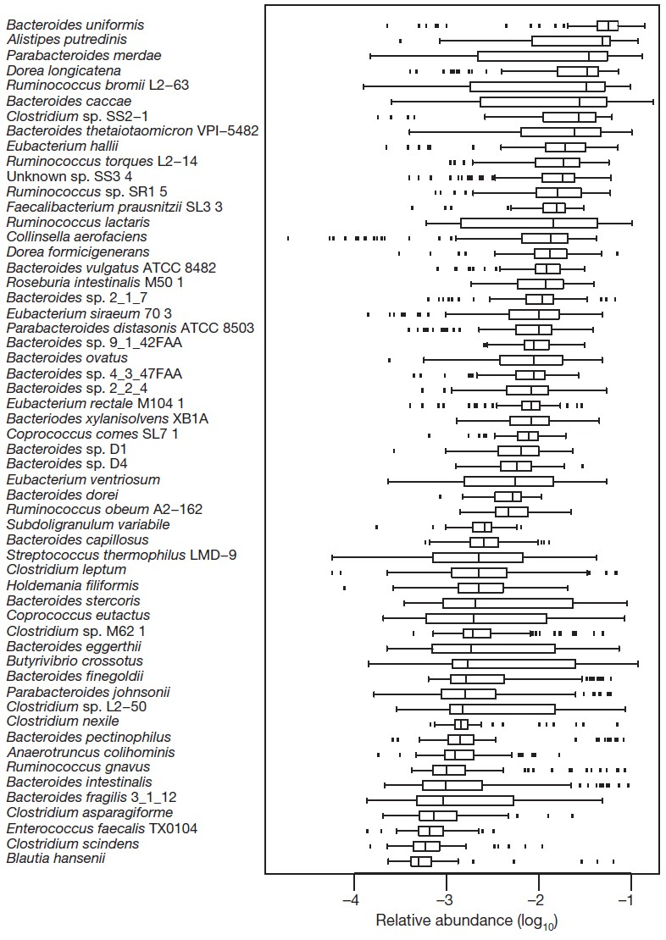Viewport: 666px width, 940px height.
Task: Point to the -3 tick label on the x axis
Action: tap(446, 899)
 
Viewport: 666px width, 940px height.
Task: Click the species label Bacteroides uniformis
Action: tap(75, 25)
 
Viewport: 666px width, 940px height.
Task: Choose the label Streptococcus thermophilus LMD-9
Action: tap(122, 556)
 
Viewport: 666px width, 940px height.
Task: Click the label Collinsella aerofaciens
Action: tap(77, 237)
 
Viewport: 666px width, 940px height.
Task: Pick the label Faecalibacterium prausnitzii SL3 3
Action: tap(115, 207)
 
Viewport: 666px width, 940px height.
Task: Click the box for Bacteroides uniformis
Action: tap(608, 25)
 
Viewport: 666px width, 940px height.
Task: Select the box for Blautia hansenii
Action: tap(421, 861)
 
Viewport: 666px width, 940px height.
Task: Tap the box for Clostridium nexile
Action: tap(462, 724)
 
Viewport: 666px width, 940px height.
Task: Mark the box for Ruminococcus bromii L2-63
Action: tap(537, 86)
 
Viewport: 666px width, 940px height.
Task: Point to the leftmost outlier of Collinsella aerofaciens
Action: tap(288, 238)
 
